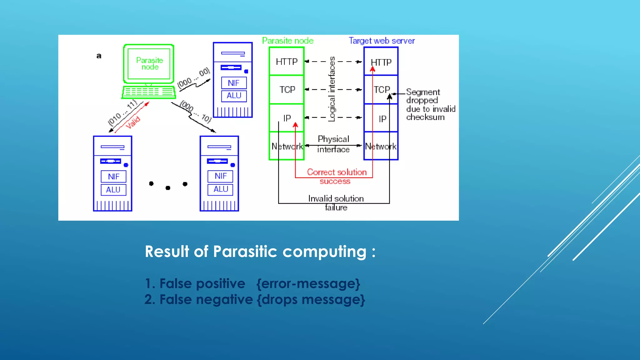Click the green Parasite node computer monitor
pyautogui.click(x=149, y=63)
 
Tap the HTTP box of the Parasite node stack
pyautogui.click(x=287, y=62)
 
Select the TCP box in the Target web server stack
pyautogui.click(x=381, y=90)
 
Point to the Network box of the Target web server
pyautogui.click(x=381, y=146)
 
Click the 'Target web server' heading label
pyautogui.click(x=382, y=41)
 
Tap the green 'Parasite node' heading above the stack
pyautogui.click(x=287, y=41)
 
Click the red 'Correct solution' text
pyautogui.click(x=337, y=172)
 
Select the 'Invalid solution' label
pyautogui.click(x=336, y=199)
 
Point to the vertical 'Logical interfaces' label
pyautogui.click(x=332, y=89)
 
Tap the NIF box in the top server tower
pyautogui.click(x=234, y=83)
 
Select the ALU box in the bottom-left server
pyautogui.click(x=113, y=190)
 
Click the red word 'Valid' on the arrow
pyautogui.click(x=133, y=122)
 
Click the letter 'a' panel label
pyautogui.click(x=99, y=56)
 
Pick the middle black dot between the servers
pyautogui.click(x=168, y=188)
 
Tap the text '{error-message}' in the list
pyautogui.click(x=308, y=284)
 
